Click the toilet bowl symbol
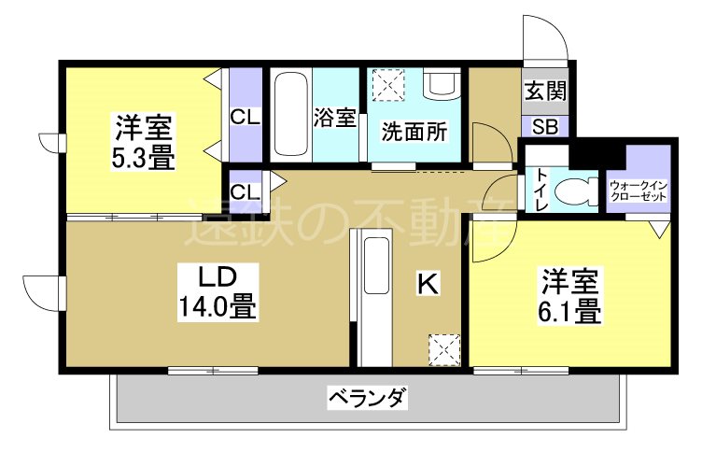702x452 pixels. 574,191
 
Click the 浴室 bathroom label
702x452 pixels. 335,118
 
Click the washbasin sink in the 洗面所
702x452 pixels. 439,85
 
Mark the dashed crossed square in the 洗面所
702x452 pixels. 386,85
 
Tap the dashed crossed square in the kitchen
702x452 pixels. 444,350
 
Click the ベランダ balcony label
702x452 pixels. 367,400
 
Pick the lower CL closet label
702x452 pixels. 246,192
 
